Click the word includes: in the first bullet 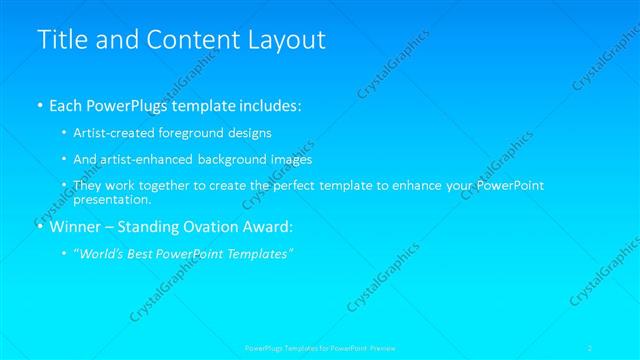(x=271, y=104)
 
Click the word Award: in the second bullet (x=265, y=227)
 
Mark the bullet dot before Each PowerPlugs (x=40, y=104)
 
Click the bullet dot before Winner (x=40, y=227)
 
